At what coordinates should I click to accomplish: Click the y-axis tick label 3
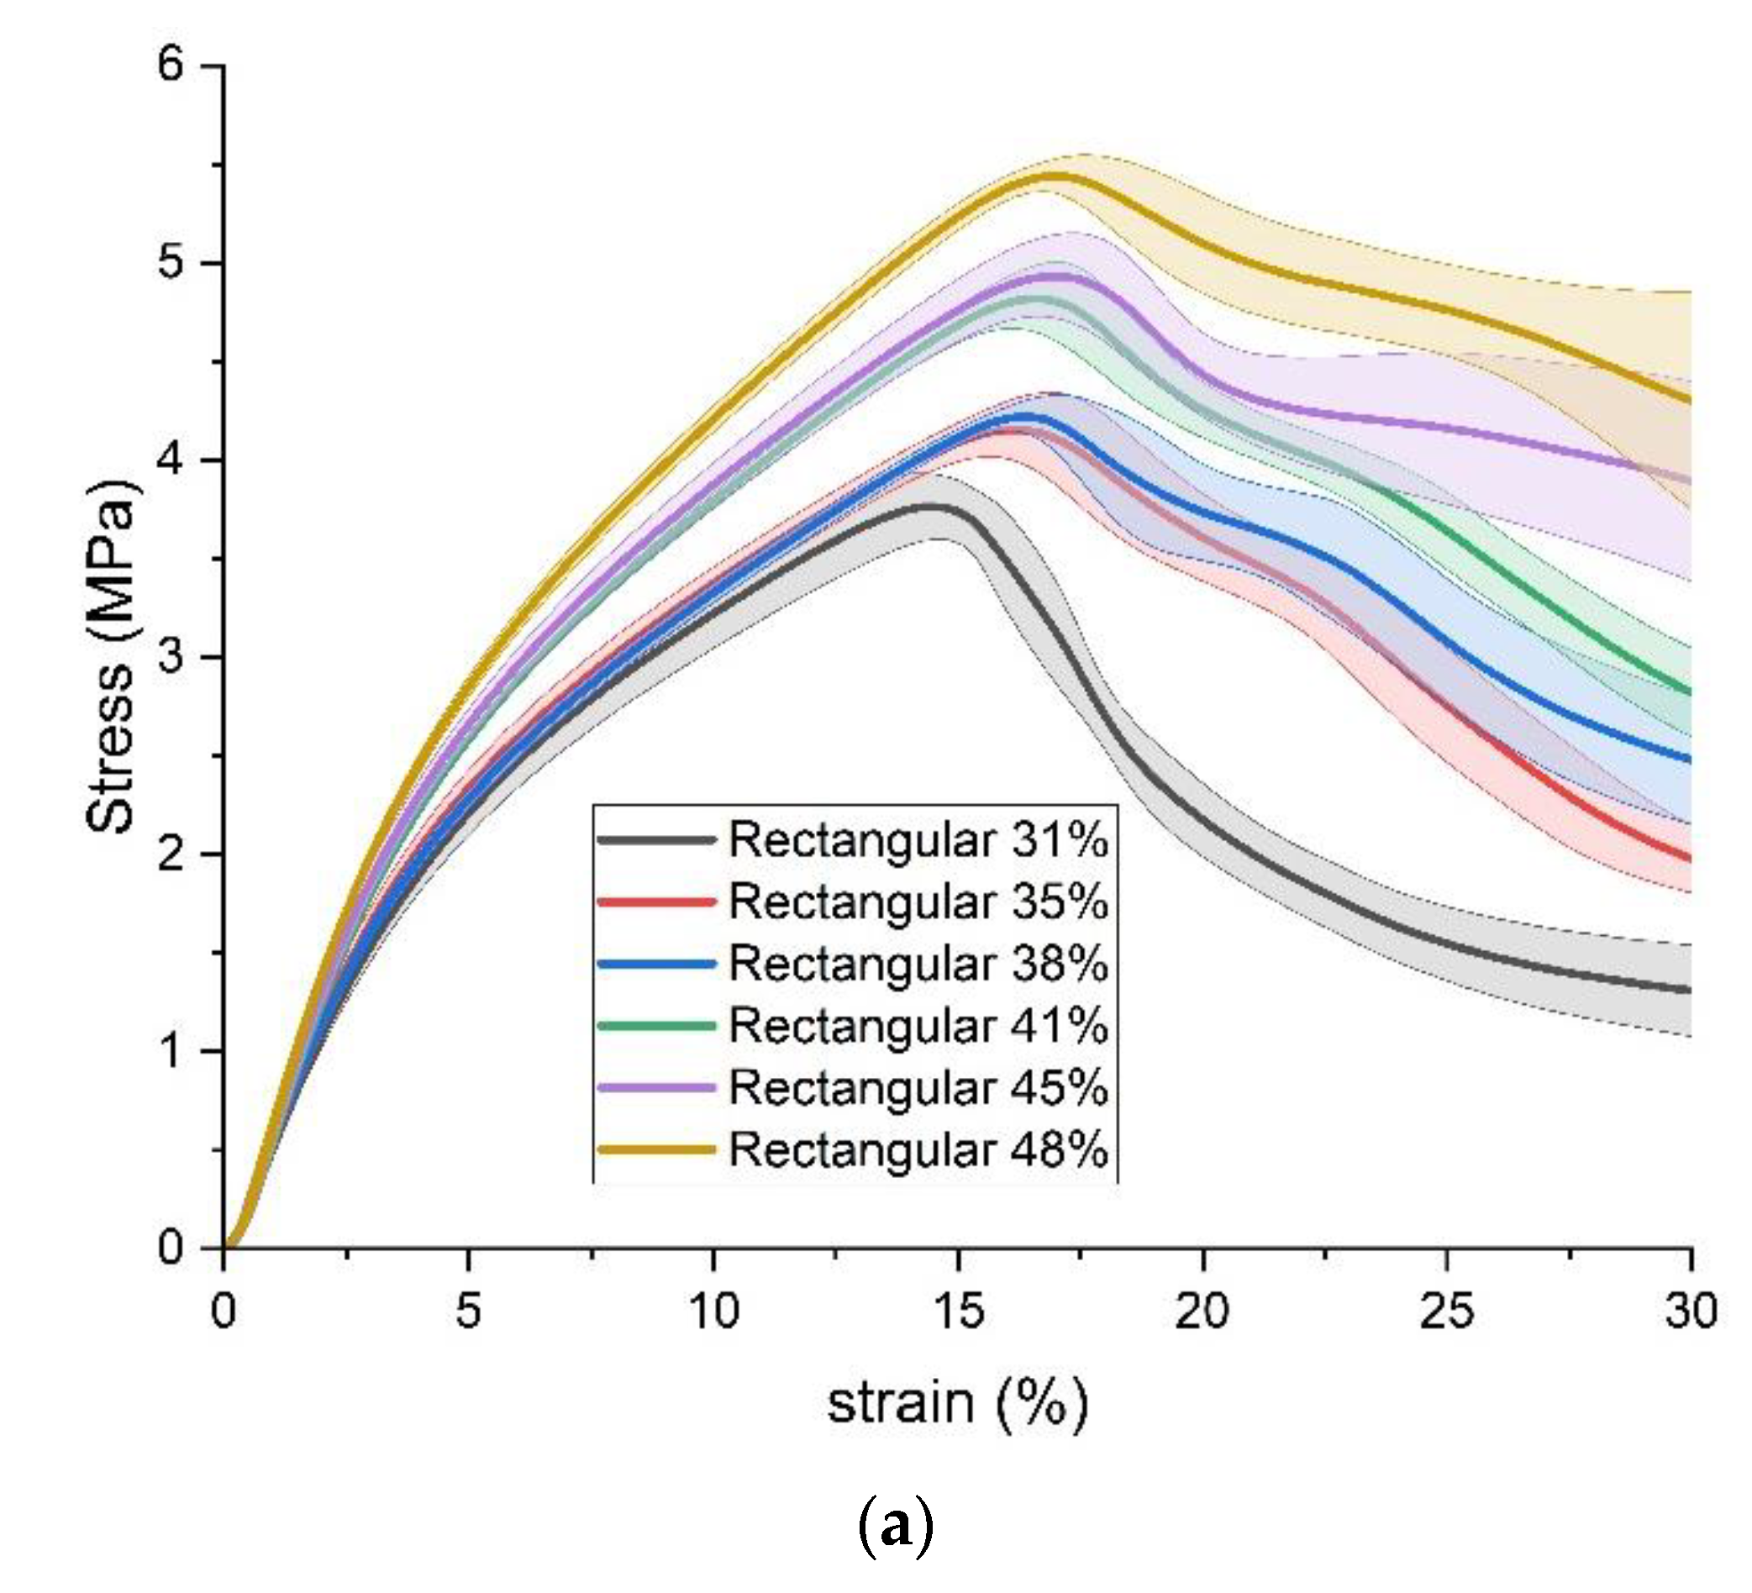(x=171, y=656)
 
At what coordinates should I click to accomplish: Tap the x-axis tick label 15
(x=958, y=1311)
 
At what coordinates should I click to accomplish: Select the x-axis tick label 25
(x=1446, y=1311)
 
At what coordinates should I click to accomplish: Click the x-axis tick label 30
(x=1691, y=1311)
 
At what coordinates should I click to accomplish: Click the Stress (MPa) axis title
(x=112, y=656)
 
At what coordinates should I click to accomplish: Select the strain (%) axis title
(x=957, y=1404)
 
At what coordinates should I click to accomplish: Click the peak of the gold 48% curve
(x=1053, y=176)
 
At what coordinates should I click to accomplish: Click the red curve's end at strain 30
(x=1690, y=859)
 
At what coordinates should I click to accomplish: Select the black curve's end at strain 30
(x=1690, y=990)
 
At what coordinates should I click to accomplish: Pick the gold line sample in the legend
(x=657, y=1149)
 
